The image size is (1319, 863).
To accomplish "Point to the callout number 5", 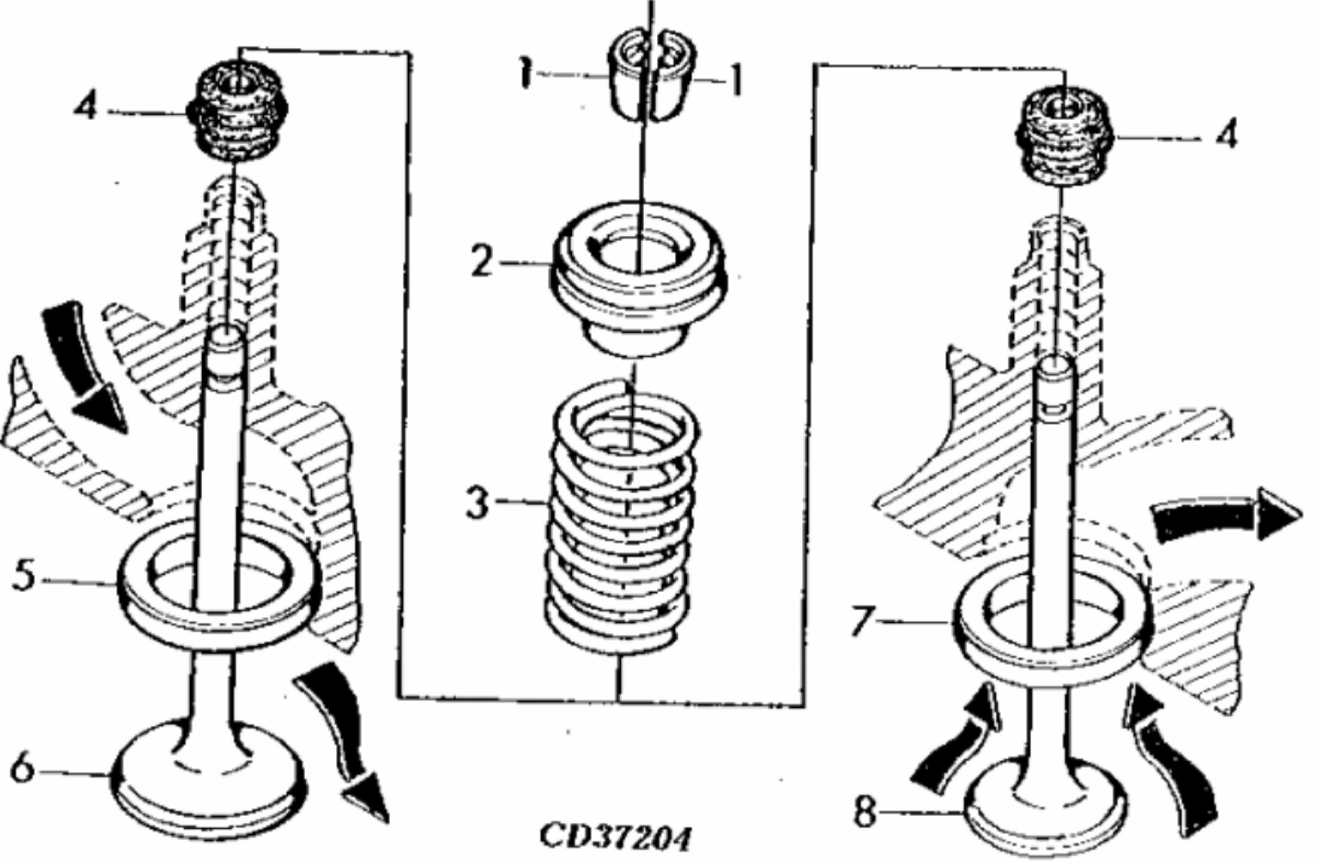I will pos(25,578).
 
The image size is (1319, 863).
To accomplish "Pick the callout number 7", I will pos(866,621).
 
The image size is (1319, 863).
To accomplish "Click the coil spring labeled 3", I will pos(622,515).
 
